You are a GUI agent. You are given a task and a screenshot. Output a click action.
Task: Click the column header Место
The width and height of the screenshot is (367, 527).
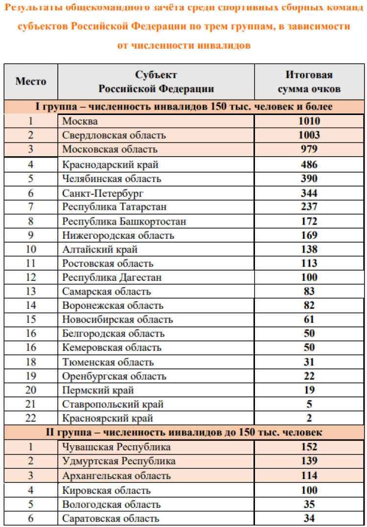[x=31, y=81]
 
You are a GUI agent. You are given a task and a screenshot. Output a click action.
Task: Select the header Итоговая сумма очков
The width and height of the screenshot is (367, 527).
[x=309, y=82]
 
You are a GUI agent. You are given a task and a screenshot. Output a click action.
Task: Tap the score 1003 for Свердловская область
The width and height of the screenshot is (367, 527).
[x=309, y=135]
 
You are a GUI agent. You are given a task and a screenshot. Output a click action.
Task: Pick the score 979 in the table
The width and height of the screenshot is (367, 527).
[x=309, y=149]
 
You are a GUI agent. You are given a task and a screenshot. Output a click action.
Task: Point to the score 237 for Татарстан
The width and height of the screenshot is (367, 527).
[x=309, y=207]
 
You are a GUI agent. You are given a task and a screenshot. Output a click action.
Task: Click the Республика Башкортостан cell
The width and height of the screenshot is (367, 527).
[x=124, y=222]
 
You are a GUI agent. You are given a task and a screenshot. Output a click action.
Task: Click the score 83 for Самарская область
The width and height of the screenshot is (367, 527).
[x=309, y=292]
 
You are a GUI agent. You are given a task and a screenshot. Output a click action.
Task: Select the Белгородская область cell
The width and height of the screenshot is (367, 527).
[x=114, y=334]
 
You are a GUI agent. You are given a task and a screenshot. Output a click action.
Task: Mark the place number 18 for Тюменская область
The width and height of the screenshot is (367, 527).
[x=31, y=362]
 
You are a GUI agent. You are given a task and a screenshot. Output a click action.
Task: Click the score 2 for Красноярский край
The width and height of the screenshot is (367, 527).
[x=309, y=418]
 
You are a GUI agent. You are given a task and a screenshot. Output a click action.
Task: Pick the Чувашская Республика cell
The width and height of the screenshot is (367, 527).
[x=116, y=447]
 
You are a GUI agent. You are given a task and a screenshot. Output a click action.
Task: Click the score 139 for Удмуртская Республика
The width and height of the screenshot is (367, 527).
[x=309, y=461]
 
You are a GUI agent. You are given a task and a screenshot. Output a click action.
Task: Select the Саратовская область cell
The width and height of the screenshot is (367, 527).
[x=111, y=519]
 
